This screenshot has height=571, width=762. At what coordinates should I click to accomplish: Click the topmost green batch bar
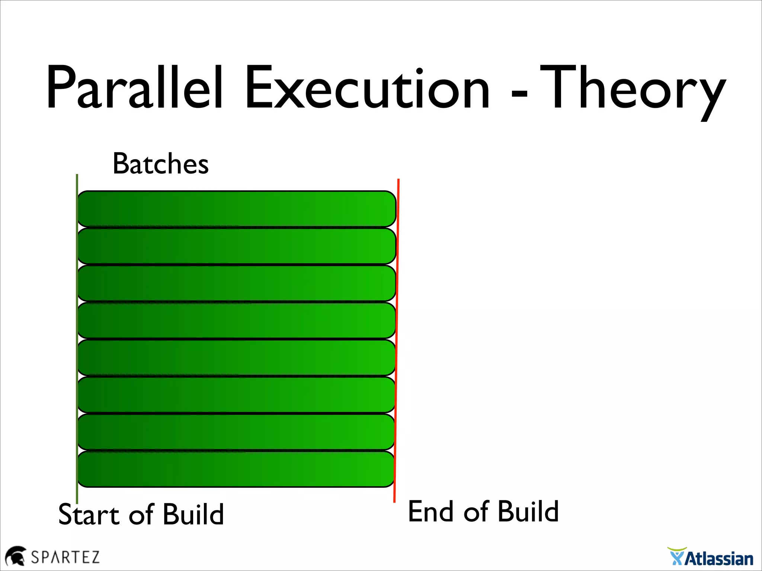pyautogui.click(x=236, y=209)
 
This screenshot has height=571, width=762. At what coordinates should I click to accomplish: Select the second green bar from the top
pyautogui.click(x=236, y=246)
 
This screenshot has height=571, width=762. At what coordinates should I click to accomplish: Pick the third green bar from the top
pyautogui.click(x=236, y=283)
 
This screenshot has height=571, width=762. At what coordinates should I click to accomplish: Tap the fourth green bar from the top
pyautogui.click(x=236, y=320)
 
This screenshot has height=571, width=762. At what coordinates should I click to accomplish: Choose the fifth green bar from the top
pyautogui.click(x=236, y=358)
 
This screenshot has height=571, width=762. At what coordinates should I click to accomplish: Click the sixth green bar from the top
pyautogui.click(x=236, y=395)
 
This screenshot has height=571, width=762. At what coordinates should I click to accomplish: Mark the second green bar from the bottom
pyautogui.click(x=236, y=432)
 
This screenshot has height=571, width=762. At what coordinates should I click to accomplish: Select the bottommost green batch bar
pyautogui.click(x=236, y=469)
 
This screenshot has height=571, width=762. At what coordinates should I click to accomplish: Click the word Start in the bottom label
pyautogui.click(x=89, y=515)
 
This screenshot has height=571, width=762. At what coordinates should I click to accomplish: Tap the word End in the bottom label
pyautogui.click(x=431, y=512)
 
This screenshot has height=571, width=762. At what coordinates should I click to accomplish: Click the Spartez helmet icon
pyautogui.click(x=15, y=556)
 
